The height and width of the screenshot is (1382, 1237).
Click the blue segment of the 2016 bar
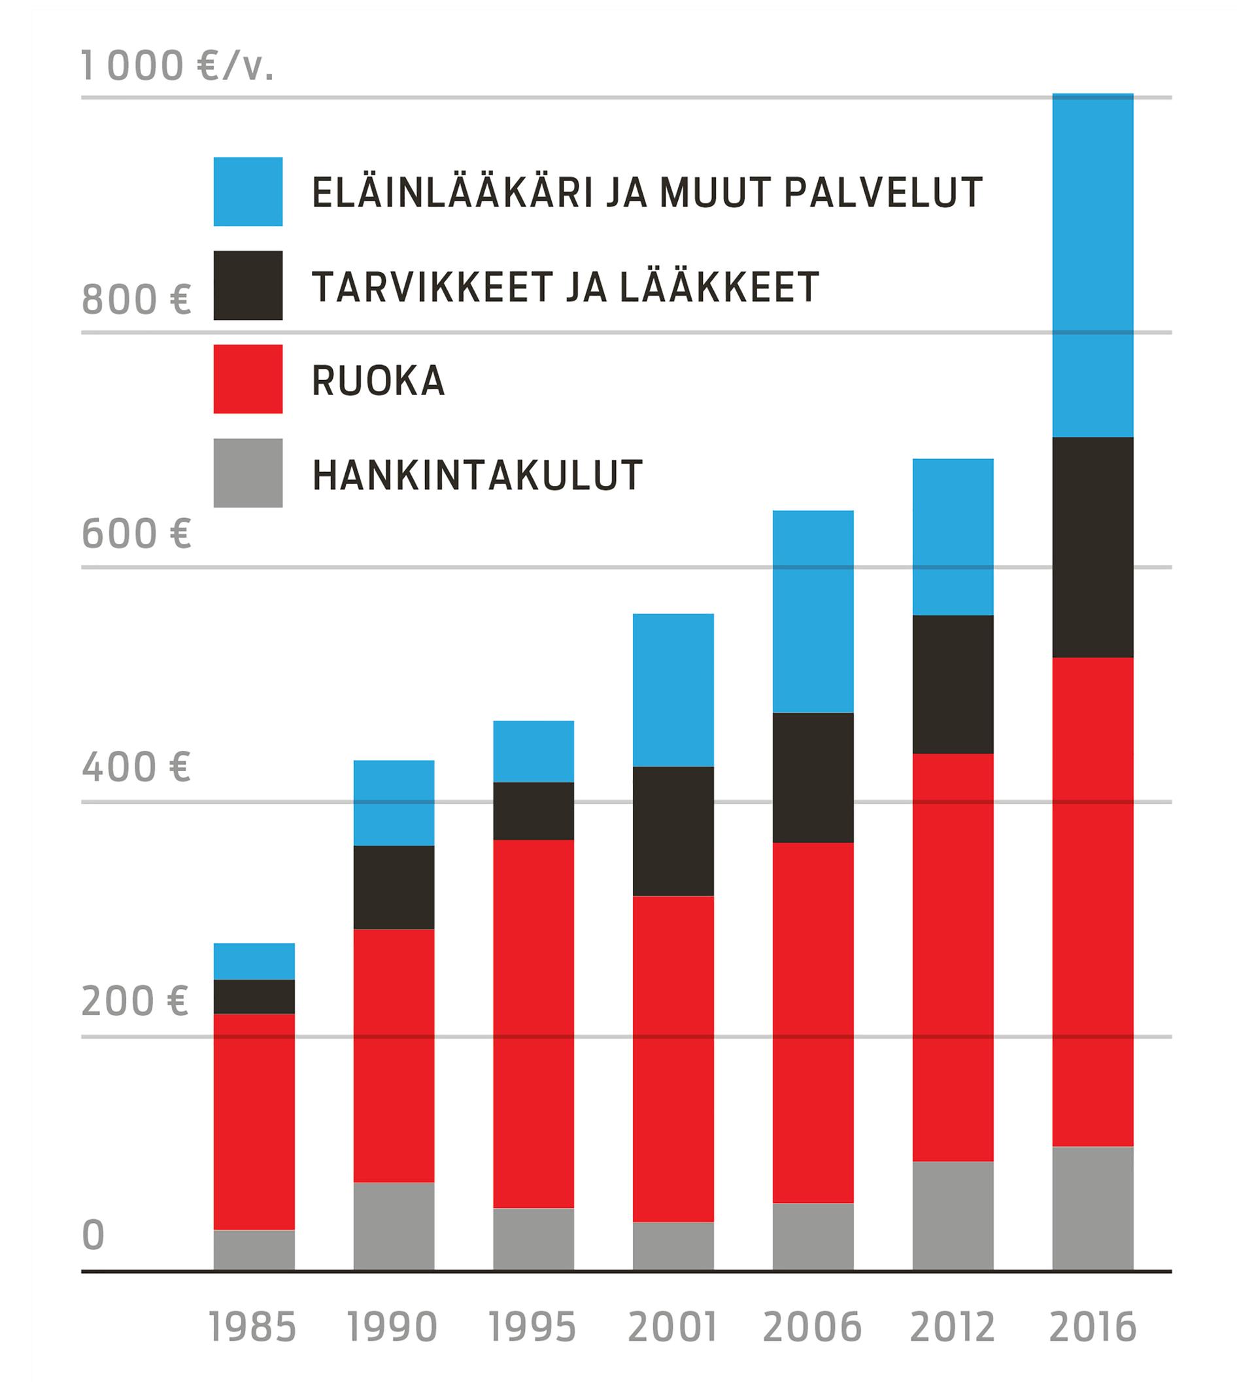tap(1093, 265)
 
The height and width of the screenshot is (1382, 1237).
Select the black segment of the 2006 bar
tap(813, 778)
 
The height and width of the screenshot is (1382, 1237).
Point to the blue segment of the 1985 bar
tap(254, 961)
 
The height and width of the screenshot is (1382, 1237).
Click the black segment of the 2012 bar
tap(953, 685)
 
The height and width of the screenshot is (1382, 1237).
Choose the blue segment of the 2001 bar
tap(673, 690)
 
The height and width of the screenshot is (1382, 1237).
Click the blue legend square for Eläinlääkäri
tap(248, 192)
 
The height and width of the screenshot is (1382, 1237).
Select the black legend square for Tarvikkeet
tap(248, 286)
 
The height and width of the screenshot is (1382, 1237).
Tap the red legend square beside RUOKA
tap(248, 379)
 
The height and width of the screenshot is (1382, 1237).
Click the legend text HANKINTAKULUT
tap(477, 475)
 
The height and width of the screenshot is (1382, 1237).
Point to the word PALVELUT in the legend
tap(883, 192)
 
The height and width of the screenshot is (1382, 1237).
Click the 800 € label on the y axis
tap(136, 299)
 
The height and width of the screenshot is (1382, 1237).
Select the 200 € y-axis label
tap(135, 1001)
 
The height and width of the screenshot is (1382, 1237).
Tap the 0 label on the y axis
tap(93, 1235)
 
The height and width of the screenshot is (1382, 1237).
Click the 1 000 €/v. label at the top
tap(177, 66)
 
